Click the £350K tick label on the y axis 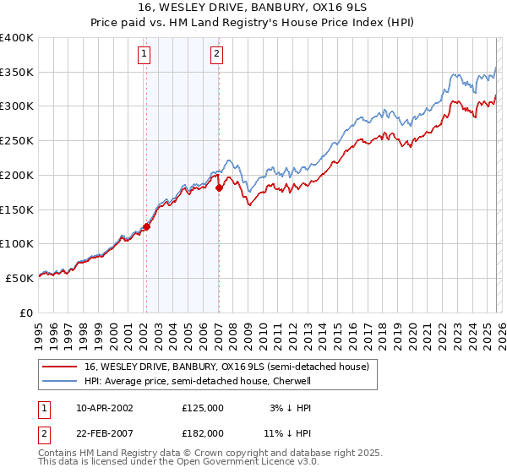pos(16,72)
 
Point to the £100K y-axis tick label pos(16,243)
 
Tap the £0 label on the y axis pos(26,313)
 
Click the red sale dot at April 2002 pos(146,226)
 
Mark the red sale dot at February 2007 pos(219,188)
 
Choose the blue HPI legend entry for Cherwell pos(198,381)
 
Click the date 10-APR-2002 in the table pos(105,407)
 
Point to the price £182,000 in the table pos(202,432)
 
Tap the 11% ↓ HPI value pos(285,432)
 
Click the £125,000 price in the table pos(202,407)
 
